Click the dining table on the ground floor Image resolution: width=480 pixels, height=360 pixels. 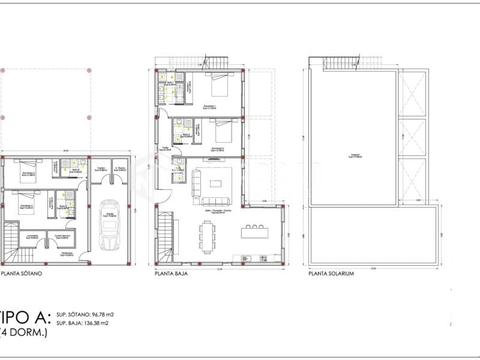coord(208,235)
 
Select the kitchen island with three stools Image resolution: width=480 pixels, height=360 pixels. coord(254,232)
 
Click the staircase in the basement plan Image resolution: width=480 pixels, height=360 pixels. coord(10,243)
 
